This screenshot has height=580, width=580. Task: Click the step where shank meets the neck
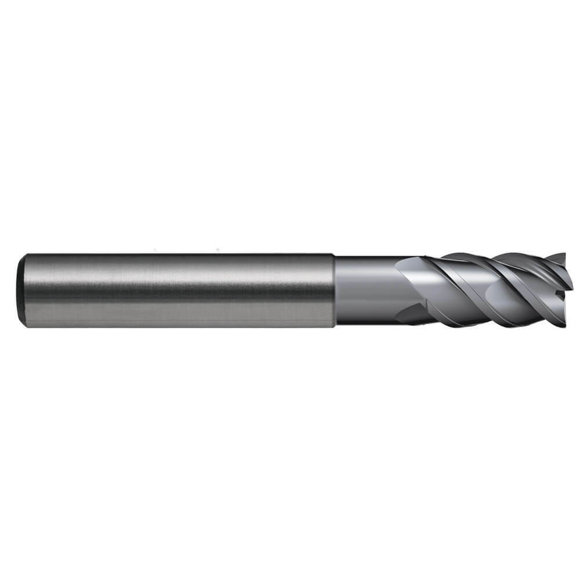click(334, 290)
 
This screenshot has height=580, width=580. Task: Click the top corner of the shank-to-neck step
click(333, 255)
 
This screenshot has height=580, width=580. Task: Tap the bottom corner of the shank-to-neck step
click(333, 327)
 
